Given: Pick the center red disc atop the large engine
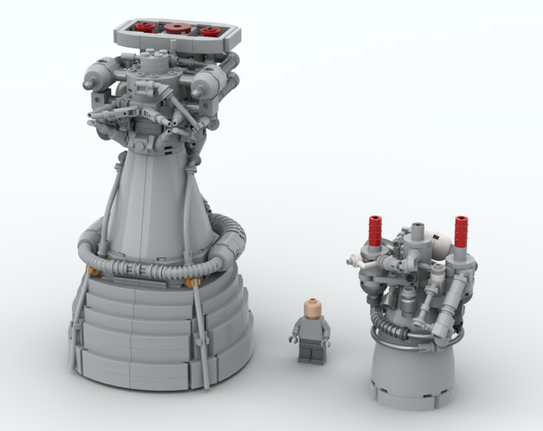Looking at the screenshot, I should (x=178, y=28).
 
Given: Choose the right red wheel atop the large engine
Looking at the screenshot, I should (x=210, y=31).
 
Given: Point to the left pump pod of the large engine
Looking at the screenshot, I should (x=100, y=76).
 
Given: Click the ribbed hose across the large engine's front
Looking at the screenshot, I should (x=147, y=266).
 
